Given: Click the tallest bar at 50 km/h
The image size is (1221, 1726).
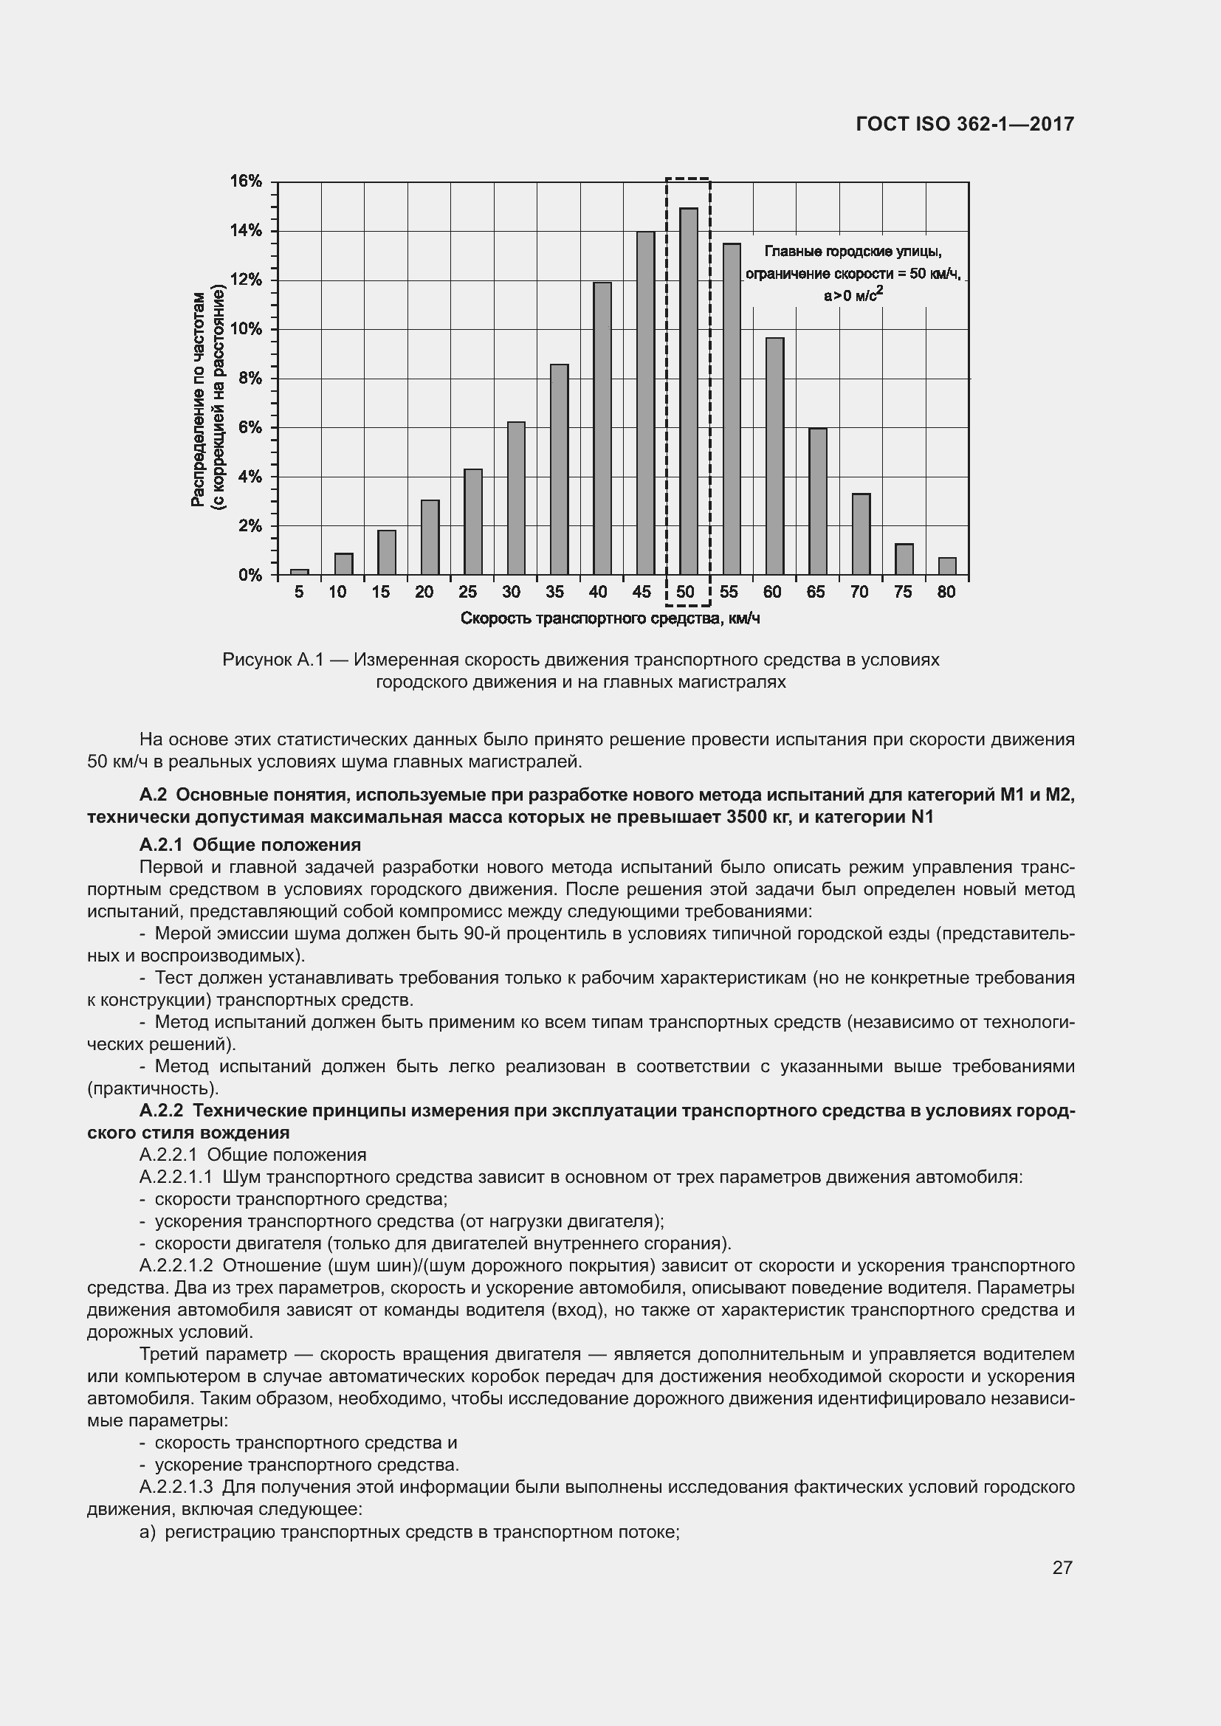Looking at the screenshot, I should pos(688,391).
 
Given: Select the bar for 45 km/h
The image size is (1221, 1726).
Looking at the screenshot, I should pos(645,403).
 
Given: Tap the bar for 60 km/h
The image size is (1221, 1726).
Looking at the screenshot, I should pos(774,456).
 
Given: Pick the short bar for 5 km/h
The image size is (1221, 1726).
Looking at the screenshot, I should pos(299,572).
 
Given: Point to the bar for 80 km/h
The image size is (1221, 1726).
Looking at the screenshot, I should pos(946,566).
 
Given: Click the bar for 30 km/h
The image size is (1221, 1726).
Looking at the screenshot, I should pos(516,498).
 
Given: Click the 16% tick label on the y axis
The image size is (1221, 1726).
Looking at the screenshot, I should pos(245,182).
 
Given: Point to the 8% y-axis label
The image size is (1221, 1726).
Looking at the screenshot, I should pos(250,378).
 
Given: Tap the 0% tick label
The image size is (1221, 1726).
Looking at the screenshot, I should pos(250,575).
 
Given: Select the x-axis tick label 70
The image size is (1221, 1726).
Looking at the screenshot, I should pos(859,592).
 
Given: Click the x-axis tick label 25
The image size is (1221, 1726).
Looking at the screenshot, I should pos(467,592).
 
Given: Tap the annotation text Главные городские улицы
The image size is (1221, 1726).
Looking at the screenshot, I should pos(853,251).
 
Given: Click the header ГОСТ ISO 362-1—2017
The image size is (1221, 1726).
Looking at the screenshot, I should pos(965,124).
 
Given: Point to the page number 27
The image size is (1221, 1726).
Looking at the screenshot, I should pos(1062,1567).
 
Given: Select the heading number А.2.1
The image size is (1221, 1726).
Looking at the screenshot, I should pos(163,844).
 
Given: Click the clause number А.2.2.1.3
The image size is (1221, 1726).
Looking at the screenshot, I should pos(176,1486).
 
